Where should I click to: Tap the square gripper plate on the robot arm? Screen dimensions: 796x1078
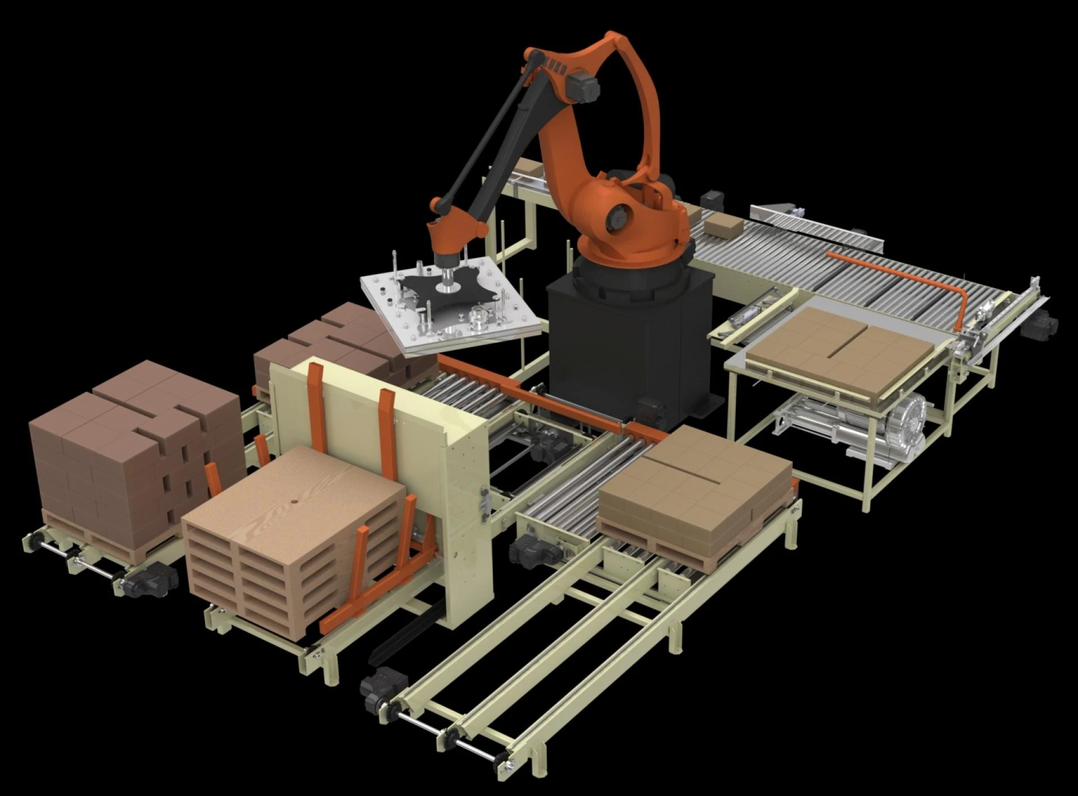[x=449, y=306]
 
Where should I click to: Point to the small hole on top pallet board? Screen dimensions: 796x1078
[x=294, y=501]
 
